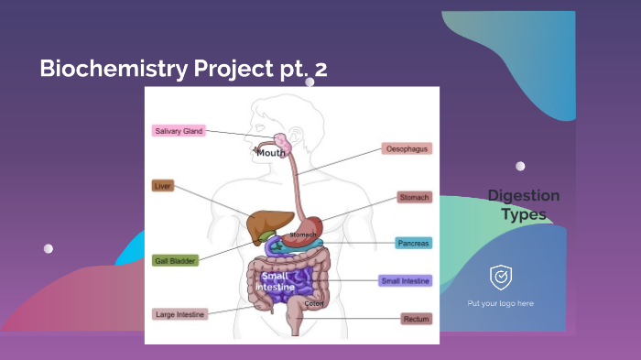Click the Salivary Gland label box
[178, 131]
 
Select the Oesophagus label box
[407, 148]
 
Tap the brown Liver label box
[163, 186]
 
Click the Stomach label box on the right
[414, 197]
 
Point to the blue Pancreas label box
[413, 244]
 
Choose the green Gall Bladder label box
[175, 261]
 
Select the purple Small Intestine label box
[405, 281]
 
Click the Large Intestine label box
[179, 314]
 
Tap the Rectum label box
[415, 319]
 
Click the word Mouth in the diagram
[271, 153]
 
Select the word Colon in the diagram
[314, 303]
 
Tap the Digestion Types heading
[523, 205]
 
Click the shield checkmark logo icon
[501, 276]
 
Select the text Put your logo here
[500, 303]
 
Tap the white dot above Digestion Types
[520, 167]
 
